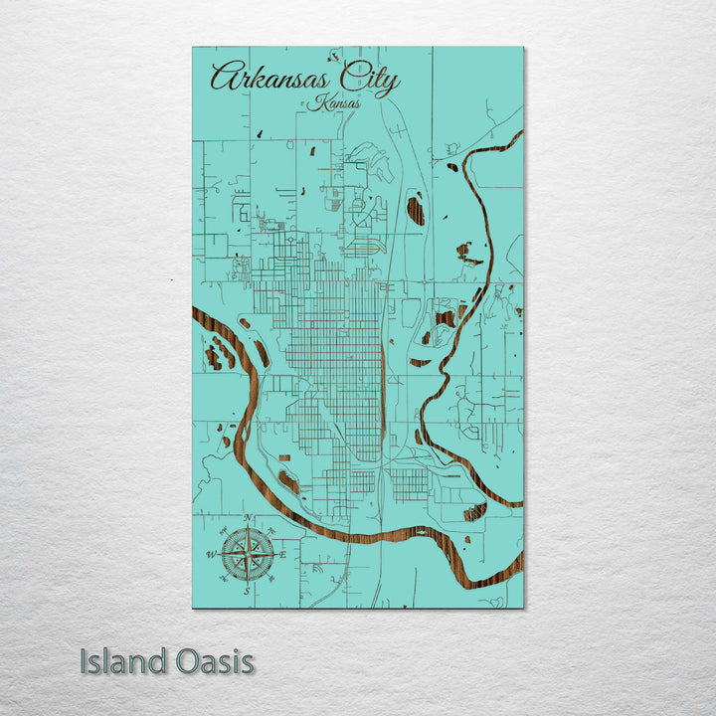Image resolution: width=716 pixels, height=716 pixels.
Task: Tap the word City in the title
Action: click(369, 79)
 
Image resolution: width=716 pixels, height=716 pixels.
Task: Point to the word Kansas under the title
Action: click(335, 102)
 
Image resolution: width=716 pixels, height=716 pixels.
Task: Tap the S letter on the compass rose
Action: click(247, 591)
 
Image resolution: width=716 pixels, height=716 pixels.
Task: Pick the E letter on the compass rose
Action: click(283, 554)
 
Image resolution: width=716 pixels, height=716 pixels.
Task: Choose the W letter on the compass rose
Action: click(211, 554)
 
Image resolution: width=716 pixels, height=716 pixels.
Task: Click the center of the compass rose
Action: click(247, 554)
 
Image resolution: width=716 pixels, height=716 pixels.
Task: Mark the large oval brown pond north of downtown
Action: click(416, 210)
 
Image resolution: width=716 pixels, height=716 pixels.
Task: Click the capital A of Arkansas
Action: click(224, 78)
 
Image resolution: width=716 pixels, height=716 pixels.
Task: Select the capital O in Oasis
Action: click(187, 661)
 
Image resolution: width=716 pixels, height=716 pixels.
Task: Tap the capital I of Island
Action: click(85, 661)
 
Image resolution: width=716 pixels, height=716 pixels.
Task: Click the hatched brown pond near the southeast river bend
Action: click(474, 512)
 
